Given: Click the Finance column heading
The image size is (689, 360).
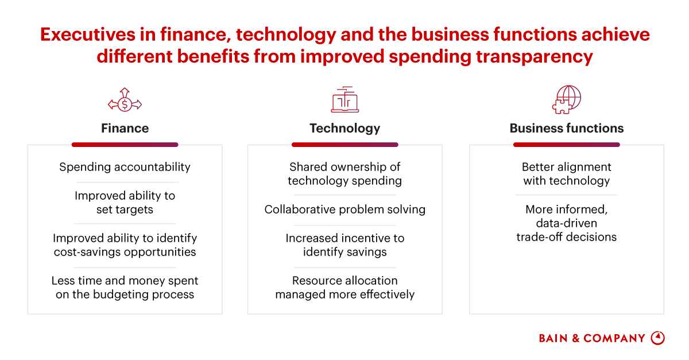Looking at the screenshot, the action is [125, 128].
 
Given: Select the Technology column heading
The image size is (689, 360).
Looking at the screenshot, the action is [345, 129].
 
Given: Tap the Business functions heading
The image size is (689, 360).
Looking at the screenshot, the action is [567, 128].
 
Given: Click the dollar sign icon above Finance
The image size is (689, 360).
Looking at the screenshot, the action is [125, 100].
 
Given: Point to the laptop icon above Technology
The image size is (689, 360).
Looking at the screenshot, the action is [345, 100].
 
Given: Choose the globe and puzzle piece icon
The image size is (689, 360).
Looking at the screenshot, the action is [567, 100].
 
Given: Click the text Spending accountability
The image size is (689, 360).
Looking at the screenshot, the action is [125, 167].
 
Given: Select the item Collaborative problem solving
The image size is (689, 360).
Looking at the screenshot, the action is [345, 210].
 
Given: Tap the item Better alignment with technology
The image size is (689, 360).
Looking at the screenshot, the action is [567, 174].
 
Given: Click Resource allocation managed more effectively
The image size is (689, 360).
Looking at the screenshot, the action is [345, 288].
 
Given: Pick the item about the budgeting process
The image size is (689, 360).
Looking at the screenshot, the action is [125, 288].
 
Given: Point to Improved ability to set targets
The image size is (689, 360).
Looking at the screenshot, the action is [125, 203].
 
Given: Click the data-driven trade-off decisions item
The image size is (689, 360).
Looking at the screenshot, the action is [567, 223].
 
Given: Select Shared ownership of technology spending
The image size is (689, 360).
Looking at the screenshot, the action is [345, 174].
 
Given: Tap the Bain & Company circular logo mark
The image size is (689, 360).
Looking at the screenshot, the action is [658, 338].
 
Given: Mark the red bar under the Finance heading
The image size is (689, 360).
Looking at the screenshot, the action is [125, 145].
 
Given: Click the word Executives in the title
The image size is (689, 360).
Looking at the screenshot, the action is [88, 34].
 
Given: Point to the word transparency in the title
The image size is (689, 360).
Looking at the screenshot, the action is [535, 57].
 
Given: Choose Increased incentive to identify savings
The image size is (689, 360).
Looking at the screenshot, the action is [345, 245].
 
